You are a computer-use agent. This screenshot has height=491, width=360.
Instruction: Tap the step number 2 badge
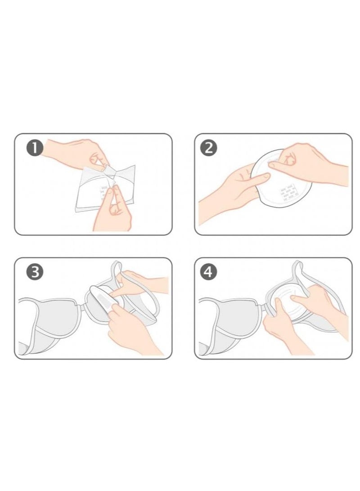pos(208,148)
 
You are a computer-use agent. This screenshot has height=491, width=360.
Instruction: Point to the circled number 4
pos(208,272)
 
